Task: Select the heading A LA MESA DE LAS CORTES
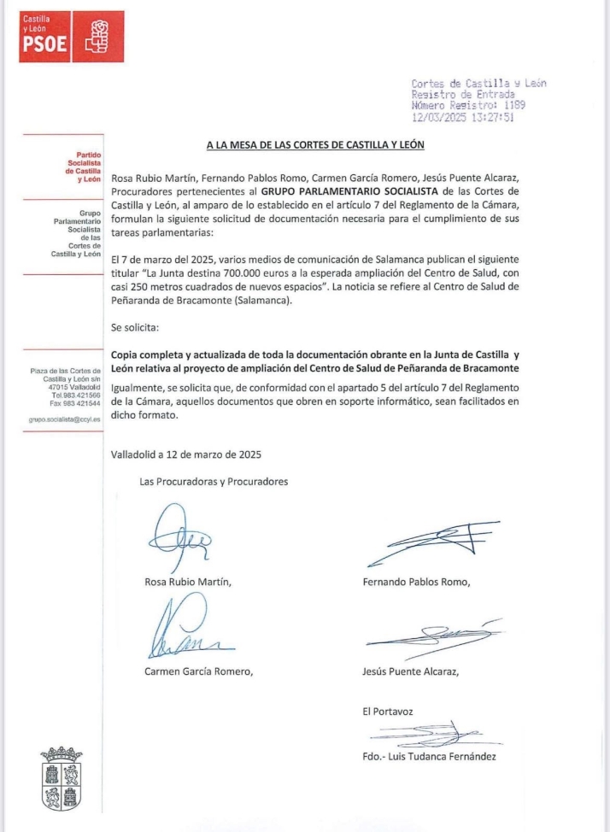click(x=315, y=145)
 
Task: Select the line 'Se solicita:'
click(x=134, y=326)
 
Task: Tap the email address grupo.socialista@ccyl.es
click(x=64, y=420)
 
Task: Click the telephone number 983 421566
click(x=81, y=395)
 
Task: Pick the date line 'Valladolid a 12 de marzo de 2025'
click(x=185, y=454)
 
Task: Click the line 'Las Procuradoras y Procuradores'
click(x=214, y=482)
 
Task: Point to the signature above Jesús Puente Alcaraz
click(x=432, y=636)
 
